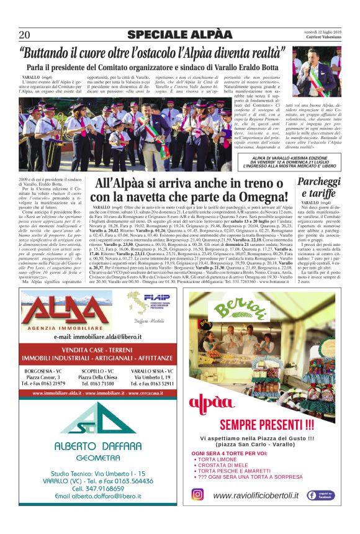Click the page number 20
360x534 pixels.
[x=25, y=35]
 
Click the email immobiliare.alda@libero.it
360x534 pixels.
[x=96, y=336]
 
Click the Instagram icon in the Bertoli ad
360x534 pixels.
[x=197, y=495]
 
